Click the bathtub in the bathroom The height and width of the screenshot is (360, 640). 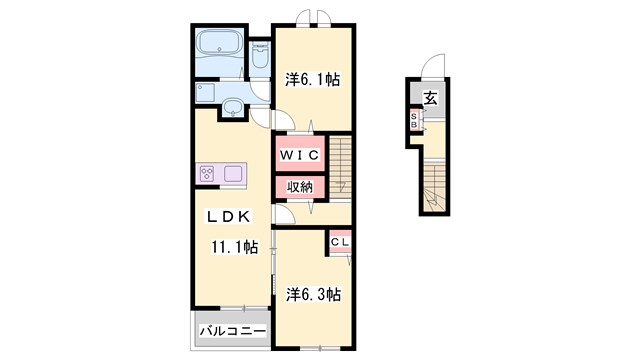(220, 44)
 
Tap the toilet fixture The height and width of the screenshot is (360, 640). (260, 56)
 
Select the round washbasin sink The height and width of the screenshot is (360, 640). (233, 108)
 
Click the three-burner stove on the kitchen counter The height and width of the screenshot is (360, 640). (207, 173)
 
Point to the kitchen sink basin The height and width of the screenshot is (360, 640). (232, 173)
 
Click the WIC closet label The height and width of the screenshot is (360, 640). (300, 155)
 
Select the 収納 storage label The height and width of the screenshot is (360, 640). (300, 187)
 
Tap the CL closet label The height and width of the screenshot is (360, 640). (340, 242)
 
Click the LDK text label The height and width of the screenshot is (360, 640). (229, 216)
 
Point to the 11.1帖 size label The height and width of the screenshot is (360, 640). (234, 247)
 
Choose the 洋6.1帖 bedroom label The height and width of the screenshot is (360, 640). (312, 79)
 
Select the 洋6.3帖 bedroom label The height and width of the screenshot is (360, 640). (313, 294)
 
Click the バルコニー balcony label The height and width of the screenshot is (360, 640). (232, 331)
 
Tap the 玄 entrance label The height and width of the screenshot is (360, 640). (431, 98)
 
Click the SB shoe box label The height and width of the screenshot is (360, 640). (414, 120)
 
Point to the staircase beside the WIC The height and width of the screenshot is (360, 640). (340, 167)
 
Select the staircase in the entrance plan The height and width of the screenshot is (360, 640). (434, 187)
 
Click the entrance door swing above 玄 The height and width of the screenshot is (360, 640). (433, 64)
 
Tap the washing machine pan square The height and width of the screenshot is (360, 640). (205, 92)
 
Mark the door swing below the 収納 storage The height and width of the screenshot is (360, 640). (284, 214)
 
